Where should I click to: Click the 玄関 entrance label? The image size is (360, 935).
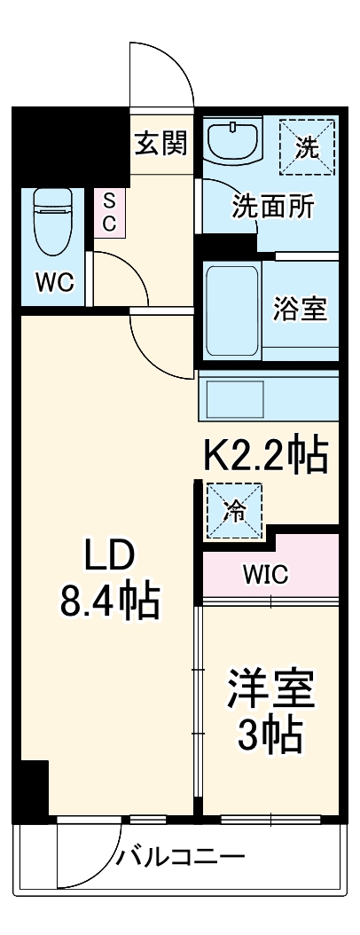[161, 144]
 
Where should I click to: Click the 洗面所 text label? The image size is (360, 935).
[272, 207]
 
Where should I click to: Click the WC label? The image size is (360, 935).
[53, 284]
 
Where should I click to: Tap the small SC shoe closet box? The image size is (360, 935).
[109, 212]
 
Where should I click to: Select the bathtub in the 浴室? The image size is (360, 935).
[231, 310]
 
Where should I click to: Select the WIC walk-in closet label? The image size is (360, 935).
[266, 574]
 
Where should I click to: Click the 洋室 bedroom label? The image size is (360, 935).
[271, 689]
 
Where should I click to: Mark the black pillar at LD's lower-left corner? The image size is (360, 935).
[35, 790]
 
